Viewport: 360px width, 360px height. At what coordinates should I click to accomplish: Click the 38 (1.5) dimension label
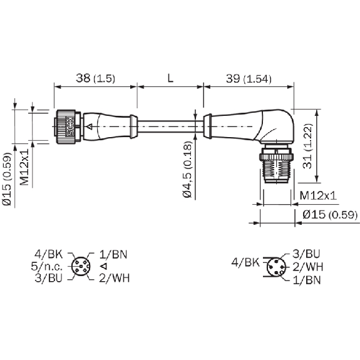coord(96,78)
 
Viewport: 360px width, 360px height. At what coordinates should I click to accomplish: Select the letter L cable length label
coord(170,78)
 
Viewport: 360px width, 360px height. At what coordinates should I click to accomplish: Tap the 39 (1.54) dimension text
coord(249,79)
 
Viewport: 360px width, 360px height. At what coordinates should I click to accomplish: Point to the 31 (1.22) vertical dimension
coord(307,147)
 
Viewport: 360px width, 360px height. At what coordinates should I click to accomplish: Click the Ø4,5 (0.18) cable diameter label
coord(187,169)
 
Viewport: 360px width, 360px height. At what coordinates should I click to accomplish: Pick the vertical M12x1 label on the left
coord(24,167)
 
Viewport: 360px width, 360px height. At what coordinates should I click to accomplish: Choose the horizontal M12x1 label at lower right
coord(318,195)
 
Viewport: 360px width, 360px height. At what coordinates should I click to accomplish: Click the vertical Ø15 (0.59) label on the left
coord(7,179)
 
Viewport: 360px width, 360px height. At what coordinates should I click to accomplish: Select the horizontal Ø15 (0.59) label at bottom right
coord(330,215)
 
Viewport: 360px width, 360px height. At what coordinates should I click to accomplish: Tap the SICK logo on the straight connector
coord(69,126)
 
